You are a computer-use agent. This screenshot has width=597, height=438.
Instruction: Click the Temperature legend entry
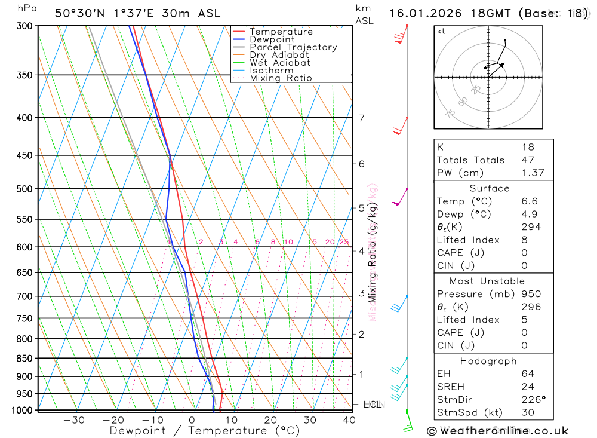point(281,32)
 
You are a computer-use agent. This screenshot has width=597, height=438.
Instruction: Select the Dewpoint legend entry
point(272,39)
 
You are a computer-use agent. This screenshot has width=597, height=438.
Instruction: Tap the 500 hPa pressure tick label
point(24,189)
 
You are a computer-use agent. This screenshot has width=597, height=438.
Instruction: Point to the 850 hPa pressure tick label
point(24,359)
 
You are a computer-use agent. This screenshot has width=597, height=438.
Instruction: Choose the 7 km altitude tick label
point(362,118)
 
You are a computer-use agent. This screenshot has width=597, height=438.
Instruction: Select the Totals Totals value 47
point(528,160)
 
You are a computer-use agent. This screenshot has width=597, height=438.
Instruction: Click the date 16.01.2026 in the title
point(424,13)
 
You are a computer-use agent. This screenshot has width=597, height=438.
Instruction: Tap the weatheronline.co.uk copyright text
point(497,430)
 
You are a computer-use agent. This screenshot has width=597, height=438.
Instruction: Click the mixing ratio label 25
point(344,242)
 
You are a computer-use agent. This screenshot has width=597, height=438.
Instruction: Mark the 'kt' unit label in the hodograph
point(441,32)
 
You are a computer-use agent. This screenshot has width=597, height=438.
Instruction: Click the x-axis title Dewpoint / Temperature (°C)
point(205,430)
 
